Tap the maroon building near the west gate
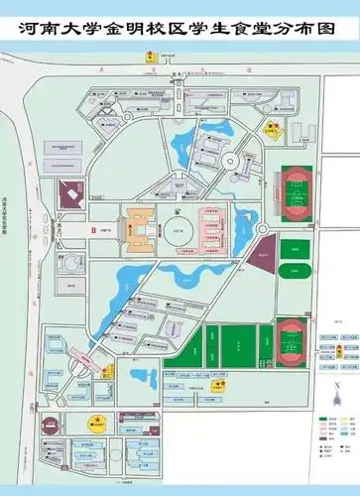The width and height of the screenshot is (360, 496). tap(69, 193)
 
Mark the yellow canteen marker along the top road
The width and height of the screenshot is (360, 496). tap(151, 58)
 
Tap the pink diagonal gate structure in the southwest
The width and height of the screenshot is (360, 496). tap(81, 355)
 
